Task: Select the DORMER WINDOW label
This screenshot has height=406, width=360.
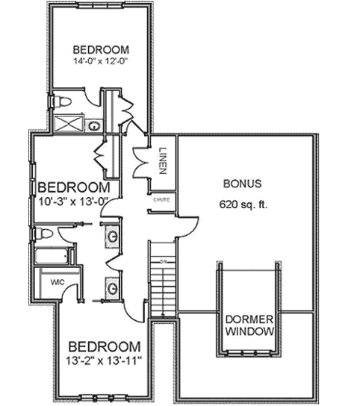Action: pyautogui.click(x=249, y=325)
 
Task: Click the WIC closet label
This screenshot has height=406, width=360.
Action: pyautogui.click(x=57, y=283)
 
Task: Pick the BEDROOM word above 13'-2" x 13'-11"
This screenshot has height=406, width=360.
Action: pyautogui.click(x=105, y=347)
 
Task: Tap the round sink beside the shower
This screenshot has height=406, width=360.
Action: pyautogui.click(x=95, y=125)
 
